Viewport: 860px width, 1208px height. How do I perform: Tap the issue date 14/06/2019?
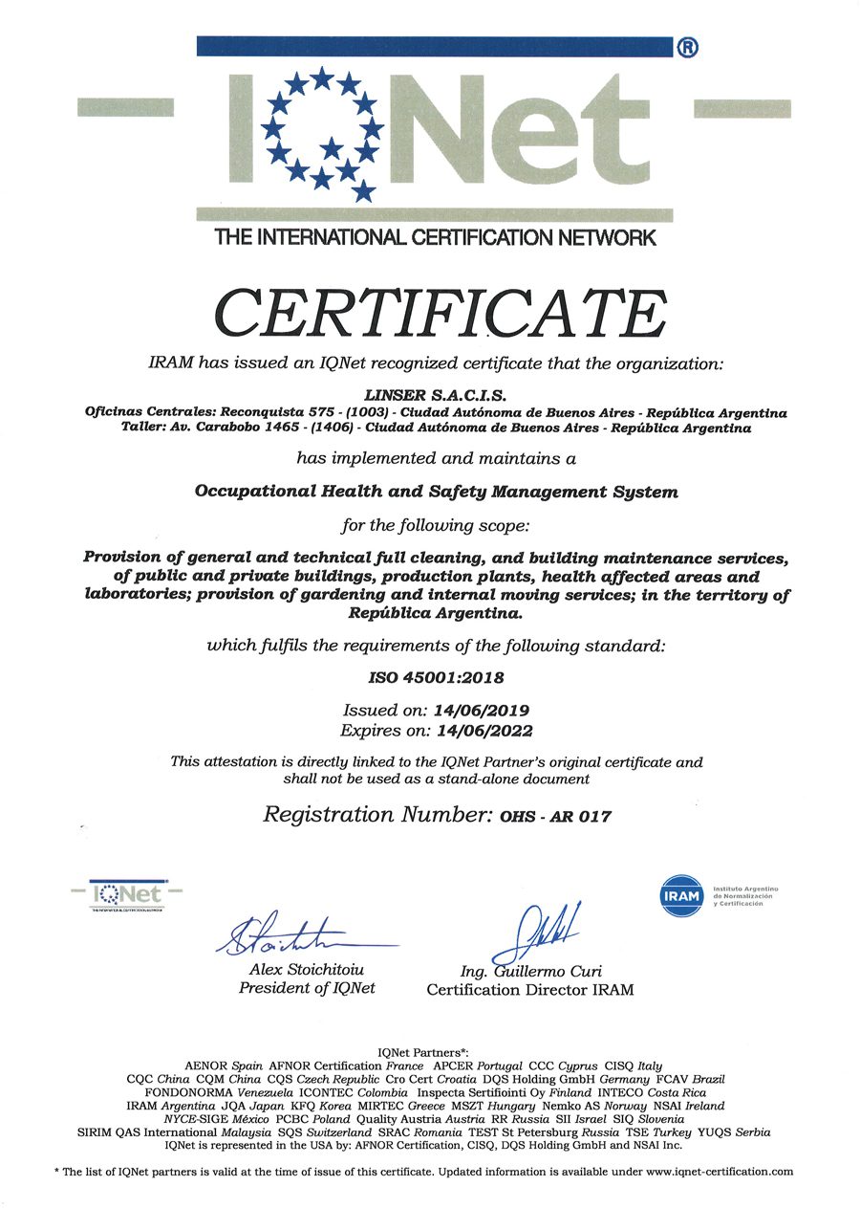click(481, 711)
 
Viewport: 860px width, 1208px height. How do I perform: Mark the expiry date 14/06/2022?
click(484, 730)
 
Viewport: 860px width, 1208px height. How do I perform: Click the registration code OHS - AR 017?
click(555, 817)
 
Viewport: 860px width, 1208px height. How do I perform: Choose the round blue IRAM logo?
click(681, 896)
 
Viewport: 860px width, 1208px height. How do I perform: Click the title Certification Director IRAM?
click(529, 990)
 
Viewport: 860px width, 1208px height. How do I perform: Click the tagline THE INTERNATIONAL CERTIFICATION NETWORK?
click(435, 238)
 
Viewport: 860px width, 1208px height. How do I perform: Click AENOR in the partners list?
click(206, 1065)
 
